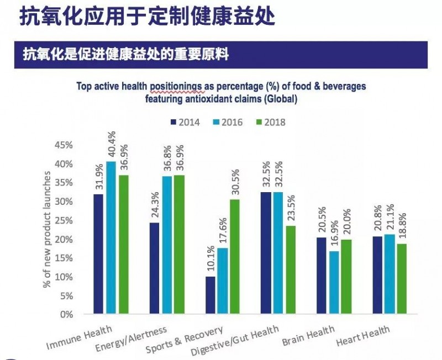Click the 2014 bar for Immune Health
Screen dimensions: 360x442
point(99,254)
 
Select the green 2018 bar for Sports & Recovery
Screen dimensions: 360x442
point(235,257)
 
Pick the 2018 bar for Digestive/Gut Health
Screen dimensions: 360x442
point(291,270)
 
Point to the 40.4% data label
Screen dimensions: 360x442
point(112,145)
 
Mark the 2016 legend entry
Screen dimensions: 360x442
point(228,122)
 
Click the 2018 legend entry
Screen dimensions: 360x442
point(271,122)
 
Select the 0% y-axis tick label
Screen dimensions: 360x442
point(67,314)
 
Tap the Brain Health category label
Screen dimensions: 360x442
point(308,336)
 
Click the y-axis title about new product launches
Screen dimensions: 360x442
point(48,230)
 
